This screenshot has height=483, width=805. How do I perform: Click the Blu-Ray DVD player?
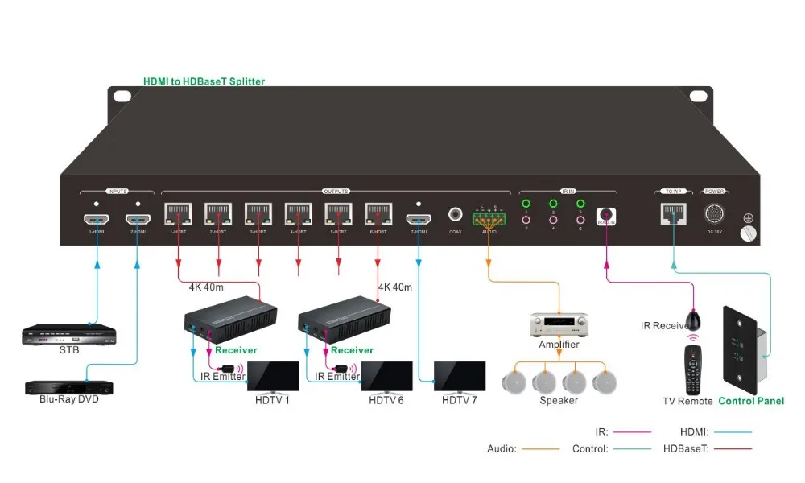click(x=68, y=386)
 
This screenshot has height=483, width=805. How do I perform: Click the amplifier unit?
click(x=559, y=326)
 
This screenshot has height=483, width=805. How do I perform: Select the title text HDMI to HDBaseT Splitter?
click(x=204, y=81)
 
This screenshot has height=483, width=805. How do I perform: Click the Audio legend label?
click(x=501, y=448)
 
